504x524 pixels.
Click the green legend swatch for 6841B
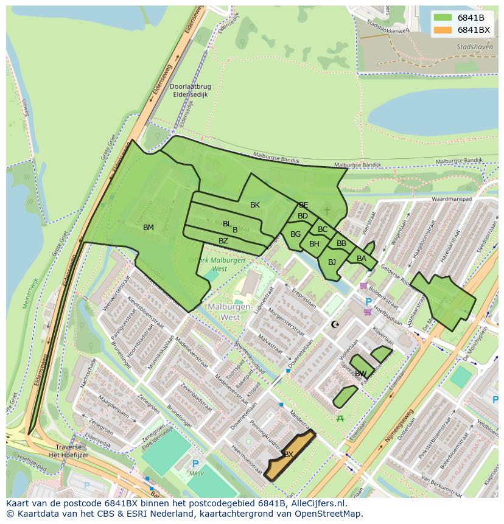click(443, 17)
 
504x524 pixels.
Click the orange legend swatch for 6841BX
click(443, 30)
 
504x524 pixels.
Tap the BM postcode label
click(149, 228)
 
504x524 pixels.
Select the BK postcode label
click(255, 205)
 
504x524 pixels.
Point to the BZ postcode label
click(223, 241)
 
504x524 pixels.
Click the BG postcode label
click(296, 234)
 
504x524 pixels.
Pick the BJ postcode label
click(332, 262)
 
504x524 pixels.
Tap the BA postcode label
click(362, 259)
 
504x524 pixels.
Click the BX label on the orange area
click(289, 454)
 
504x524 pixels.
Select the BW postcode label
click(361, 373)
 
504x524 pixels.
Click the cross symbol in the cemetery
click(327, 211)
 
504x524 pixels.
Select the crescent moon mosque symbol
click(335, 324)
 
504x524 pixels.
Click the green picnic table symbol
click(340, 418)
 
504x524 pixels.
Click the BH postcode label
click(314, 244)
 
